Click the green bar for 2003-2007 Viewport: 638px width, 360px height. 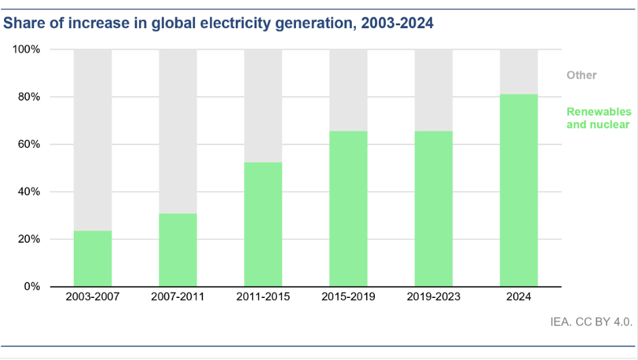pos(93,258)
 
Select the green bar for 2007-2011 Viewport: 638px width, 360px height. pos(178,250)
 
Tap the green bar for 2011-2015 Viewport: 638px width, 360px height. pos(263,224)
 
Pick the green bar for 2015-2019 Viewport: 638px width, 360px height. pos(348,209)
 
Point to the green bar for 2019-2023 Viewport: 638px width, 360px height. pos(434,209)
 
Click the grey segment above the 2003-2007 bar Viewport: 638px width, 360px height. pos(93,140)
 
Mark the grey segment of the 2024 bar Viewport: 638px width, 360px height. pos(519,72)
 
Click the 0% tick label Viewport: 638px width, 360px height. pos(32,286)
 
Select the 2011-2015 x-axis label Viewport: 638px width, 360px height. pos(263,297)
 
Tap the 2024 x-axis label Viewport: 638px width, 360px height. pos(519,297)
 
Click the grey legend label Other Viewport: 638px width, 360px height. pos(581,75)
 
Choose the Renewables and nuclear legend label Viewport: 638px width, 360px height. pos(598,118)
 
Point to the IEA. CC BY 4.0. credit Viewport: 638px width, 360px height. pos(591,322)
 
